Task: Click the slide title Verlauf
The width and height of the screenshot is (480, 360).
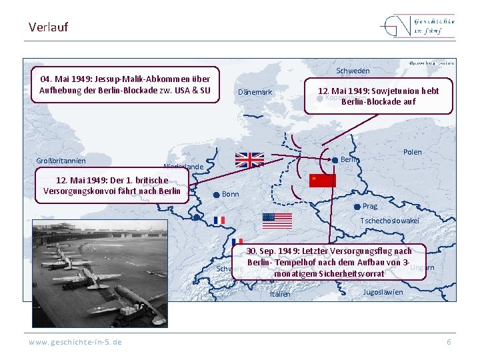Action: click(x=48, y=27)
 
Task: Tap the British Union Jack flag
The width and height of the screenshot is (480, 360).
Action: click(x=250, y=159)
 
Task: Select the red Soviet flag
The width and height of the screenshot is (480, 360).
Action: click(x=322, y=181)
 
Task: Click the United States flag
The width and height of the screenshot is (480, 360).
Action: click(x=277, y=221)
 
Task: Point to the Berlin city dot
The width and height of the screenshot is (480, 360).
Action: click(x=335, y=160)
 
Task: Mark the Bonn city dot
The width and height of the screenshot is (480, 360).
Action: click(x=216, y=195)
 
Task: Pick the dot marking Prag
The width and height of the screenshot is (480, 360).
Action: click(x=357, y=207)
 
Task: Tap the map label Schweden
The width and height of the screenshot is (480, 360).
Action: click(x=353, y=71)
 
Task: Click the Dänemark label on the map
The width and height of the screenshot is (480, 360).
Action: click(x=255, y=92)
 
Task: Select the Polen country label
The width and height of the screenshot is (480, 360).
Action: click(x=413, y=152)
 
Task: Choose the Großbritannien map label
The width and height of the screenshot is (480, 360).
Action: click(x=61, y=161)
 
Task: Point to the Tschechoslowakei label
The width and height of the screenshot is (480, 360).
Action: click(x=389, y=221)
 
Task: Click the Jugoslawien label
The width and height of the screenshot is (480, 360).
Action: click(x=383, y=292)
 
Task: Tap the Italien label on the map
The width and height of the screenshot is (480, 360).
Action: click(x=280, y=294)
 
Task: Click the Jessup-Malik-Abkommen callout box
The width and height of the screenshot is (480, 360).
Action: click(x=125, y=85)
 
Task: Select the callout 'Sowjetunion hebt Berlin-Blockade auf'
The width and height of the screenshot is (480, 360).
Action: click(x=378, y=96)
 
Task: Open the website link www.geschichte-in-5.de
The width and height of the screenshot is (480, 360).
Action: click(x=75, y=342)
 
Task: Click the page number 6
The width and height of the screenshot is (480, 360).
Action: click(x=449, y=342)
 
